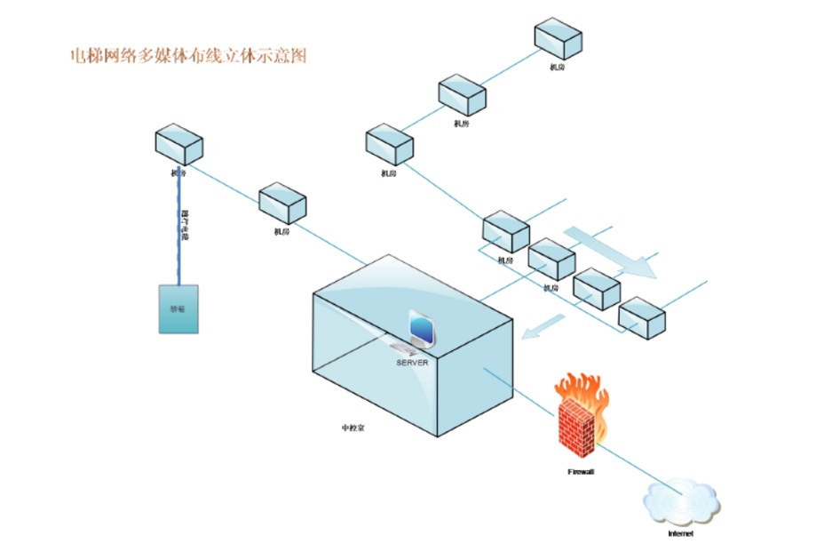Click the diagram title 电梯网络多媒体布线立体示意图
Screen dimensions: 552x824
click(188, 56)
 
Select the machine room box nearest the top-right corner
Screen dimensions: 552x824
click(558, 39)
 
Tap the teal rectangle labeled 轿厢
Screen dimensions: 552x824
click(178, 309)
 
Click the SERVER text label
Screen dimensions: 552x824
click(412, 363)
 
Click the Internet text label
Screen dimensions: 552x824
click(680, 534)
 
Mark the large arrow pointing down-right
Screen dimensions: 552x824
click(612, 251)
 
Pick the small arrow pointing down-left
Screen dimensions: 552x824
click(543, 326)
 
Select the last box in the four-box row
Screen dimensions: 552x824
click(642, 317)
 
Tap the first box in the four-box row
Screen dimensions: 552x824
click(506, 231)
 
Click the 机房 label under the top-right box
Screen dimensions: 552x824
click(557, 67)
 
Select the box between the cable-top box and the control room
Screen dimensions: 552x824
click(282, 204)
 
